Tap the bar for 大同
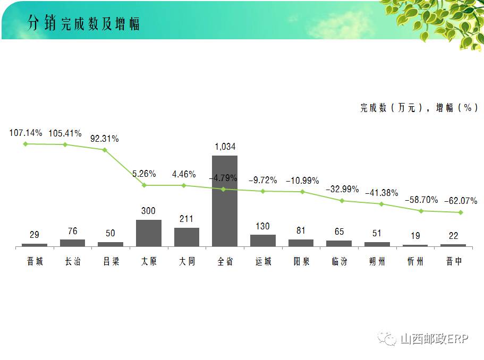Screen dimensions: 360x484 click(x=186, y=237)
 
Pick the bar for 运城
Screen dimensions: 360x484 click(x=263, y=240)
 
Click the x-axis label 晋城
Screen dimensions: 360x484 click(x=35, y=261)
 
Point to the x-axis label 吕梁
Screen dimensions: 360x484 click(x=111, y=261)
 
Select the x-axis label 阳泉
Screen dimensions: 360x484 click(x=301, y=261)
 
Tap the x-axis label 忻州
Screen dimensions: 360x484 click(x=415, y=261)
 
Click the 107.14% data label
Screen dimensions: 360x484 click(x=26, y=133)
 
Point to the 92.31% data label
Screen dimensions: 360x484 click(x=105, y=139)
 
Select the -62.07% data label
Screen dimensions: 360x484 click(x=461, y=201)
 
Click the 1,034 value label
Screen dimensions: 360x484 click(x=225, y=147)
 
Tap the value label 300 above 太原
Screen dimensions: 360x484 click(x=149, y=211)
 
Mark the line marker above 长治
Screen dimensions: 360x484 click(x=65, y=144)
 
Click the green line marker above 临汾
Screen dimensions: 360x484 click(x=342, y=201)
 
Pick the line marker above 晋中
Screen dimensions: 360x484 click(x=461, y=212)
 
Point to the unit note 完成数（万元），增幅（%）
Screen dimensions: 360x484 click(x=419, y=108)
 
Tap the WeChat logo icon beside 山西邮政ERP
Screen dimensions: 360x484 click(x=387, y=338)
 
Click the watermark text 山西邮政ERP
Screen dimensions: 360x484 click(x=434, y=338)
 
